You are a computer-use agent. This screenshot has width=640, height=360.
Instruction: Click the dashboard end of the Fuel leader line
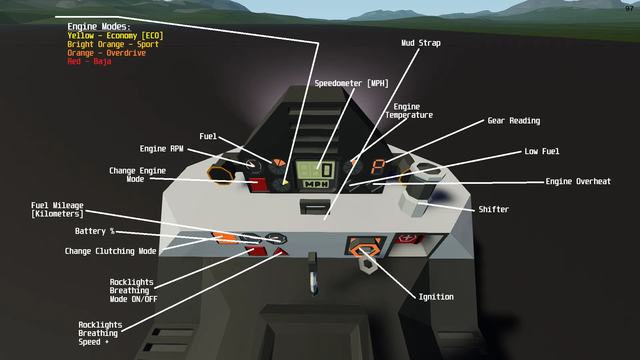click(x=271, y=162)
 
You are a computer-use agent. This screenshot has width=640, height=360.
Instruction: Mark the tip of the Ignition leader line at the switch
click(x=360, y=249)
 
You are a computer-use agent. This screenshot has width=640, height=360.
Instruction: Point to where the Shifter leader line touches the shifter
click(x=419, y=203)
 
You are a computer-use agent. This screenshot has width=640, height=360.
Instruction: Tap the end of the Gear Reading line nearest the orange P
click(x=387, y=162)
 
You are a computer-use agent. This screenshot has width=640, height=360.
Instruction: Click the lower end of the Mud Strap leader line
click(x=325, y=219)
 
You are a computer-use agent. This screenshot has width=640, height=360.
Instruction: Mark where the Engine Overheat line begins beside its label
click(x=543, y=182)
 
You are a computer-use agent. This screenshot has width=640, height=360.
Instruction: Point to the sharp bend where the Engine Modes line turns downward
click(x=318, y=43)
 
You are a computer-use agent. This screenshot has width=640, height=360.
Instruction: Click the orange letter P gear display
click(x=378, y=166)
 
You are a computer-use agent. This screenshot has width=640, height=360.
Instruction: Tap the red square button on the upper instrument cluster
click(x=259, y=185)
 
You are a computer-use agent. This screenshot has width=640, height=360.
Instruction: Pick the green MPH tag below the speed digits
click(x=315, y=184)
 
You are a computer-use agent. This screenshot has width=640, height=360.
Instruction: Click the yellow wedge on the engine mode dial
click(x=285, y=183)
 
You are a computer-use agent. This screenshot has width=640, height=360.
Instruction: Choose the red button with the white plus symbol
click(x=408, y=238)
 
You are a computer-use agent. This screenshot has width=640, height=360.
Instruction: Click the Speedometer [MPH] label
click(x=352, y=83)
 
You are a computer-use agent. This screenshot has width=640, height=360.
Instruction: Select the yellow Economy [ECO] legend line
click(x=115, y=36)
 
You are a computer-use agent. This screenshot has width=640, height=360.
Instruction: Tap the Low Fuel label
click(x=542, y=151)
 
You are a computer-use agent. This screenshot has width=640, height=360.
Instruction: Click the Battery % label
click(x=95, y=231)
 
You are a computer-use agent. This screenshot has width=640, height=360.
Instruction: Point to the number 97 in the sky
click(x=629, y=9)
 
